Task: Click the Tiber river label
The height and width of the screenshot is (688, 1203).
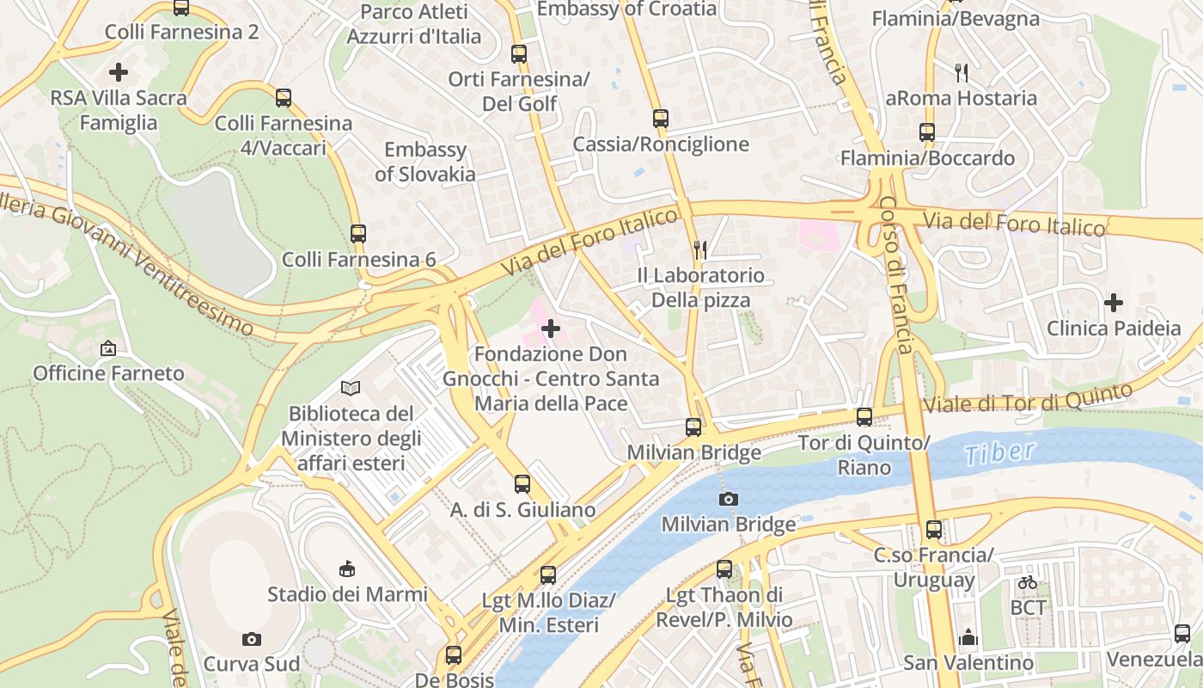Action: [999, 453]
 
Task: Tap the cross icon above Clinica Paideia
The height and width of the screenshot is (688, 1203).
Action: [1114, 303]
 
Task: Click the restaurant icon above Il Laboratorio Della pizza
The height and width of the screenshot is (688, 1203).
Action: [700, 250]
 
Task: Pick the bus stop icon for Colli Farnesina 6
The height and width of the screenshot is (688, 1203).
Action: [358, 233]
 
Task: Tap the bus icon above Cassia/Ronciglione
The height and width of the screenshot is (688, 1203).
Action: [660, 119]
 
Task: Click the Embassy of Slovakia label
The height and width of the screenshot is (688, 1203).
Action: [425, 162]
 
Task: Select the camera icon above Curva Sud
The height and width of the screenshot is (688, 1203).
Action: [251, 639]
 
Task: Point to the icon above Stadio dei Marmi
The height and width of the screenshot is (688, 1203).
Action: [347, 568]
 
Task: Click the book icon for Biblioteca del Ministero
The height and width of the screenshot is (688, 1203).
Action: [351, 388]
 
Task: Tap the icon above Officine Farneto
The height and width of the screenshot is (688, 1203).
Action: [108, 348]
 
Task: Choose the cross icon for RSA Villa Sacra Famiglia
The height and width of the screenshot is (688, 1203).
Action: [119, 72]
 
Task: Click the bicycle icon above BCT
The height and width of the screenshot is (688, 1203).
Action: [1027, 582]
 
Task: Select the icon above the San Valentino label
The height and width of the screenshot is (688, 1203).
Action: [968, 638]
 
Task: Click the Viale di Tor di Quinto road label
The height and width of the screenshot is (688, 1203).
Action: [1028, 398]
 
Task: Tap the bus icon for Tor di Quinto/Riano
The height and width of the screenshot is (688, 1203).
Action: [864, 417]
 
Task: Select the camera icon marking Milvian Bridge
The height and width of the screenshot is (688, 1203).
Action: [729, 499]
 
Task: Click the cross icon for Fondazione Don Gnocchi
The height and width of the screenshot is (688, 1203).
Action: [551, 329]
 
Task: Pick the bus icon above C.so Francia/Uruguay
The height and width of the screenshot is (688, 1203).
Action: [934, 530]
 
